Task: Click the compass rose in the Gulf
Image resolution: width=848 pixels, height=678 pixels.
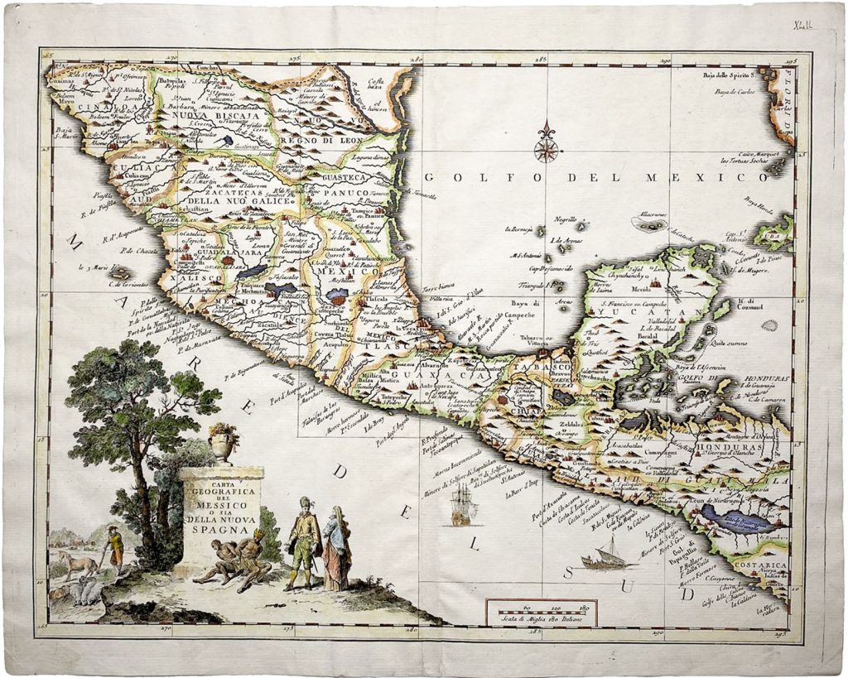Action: pos(546,147)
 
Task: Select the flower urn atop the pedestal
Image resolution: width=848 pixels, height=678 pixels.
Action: pos(222,444)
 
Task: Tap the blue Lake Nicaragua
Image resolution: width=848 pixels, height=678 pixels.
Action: pos(736,519)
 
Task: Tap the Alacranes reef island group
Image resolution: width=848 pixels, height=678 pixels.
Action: pos(649,221)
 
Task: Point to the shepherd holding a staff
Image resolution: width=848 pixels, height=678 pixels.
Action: pos(114,546)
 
